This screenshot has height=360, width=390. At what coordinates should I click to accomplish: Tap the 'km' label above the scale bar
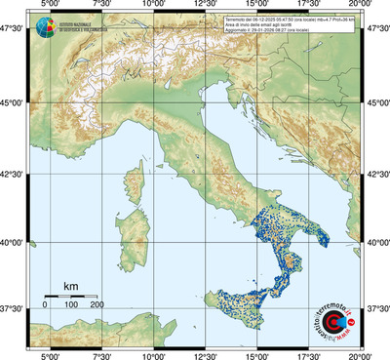coord(70,286)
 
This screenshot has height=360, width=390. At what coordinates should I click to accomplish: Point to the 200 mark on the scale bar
coord(97,305)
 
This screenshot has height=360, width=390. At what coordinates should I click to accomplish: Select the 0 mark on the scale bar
coord(45,305)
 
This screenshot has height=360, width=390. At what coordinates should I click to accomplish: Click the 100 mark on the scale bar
coord(70,305)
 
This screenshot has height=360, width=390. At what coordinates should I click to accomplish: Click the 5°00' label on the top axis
coord(49,6)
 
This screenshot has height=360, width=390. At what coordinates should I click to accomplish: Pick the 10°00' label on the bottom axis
coord(153,355)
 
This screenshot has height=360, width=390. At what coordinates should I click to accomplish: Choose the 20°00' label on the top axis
coord(362,6)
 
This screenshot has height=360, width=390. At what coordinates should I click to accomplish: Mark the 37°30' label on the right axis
coord(376,308)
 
